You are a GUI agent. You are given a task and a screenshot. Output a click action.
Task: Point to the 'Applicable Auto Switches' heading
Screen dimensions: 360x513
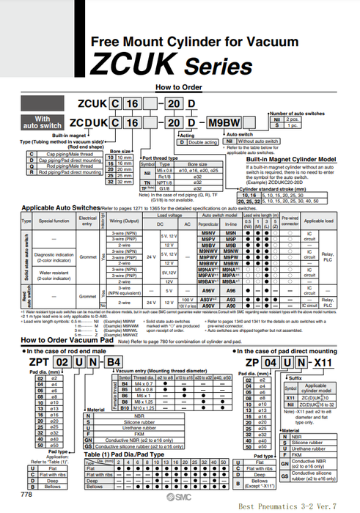pos(65,188)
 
